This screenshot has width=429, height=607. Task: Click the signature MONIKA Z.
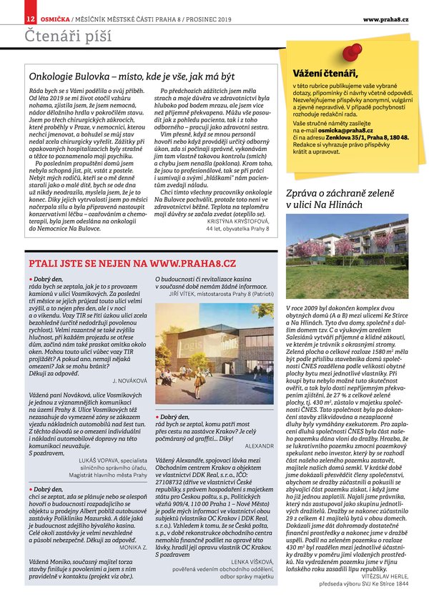134,525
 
